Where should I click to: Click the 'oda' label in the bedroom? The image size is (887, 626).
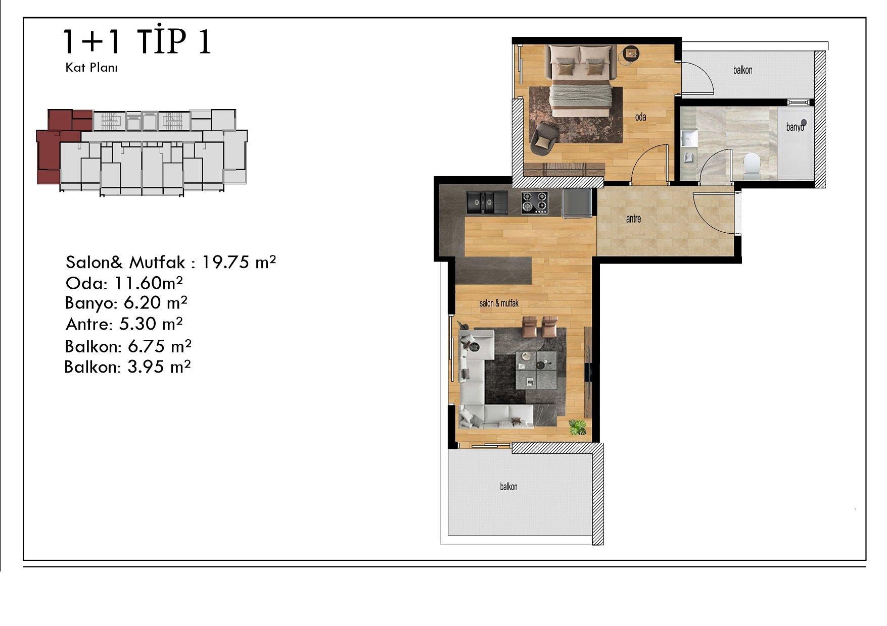click(x=640, y=117)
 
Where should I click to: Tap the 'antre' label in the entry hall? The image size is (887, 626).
click(x=633, y=219)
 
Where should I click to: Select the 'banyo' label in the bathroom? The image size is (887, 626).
click(x=795, y=127)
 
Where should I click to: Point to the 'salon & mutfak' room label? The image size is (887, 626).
click(x=499, y=303)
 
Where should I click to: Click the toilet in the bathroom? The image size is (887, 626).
click(x=753, y=166)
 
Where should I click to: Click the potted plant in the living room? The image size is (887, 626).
click(x=577, y=427)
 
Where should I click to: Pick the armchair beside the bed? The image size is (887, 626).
click(x=544, y=138)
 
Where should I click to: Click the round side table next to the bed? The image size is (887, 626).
click(x=631, y=54)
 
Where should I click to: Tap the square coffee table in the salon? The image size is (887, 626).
click(x=536, y=370)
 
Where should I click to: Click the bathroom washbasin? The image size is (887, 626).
click(x=688, y=138)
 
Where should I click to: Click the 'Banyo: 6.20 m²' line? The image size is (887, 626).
click(x=126, y=303)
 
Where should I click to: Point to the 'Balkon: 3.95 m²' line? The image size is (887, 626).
click(x=127, y=367)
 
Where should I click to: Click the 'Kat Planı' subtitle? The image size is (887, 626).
click(x=91, y=68)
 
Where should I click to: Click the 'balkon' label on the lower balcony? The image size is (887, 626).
click(x=508, y=487)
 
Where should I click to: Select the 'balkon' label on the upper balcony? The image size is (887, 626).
click(x=742, y=70)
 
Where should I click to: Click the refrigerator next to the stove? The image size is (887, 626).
click(x=577, y=202)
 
